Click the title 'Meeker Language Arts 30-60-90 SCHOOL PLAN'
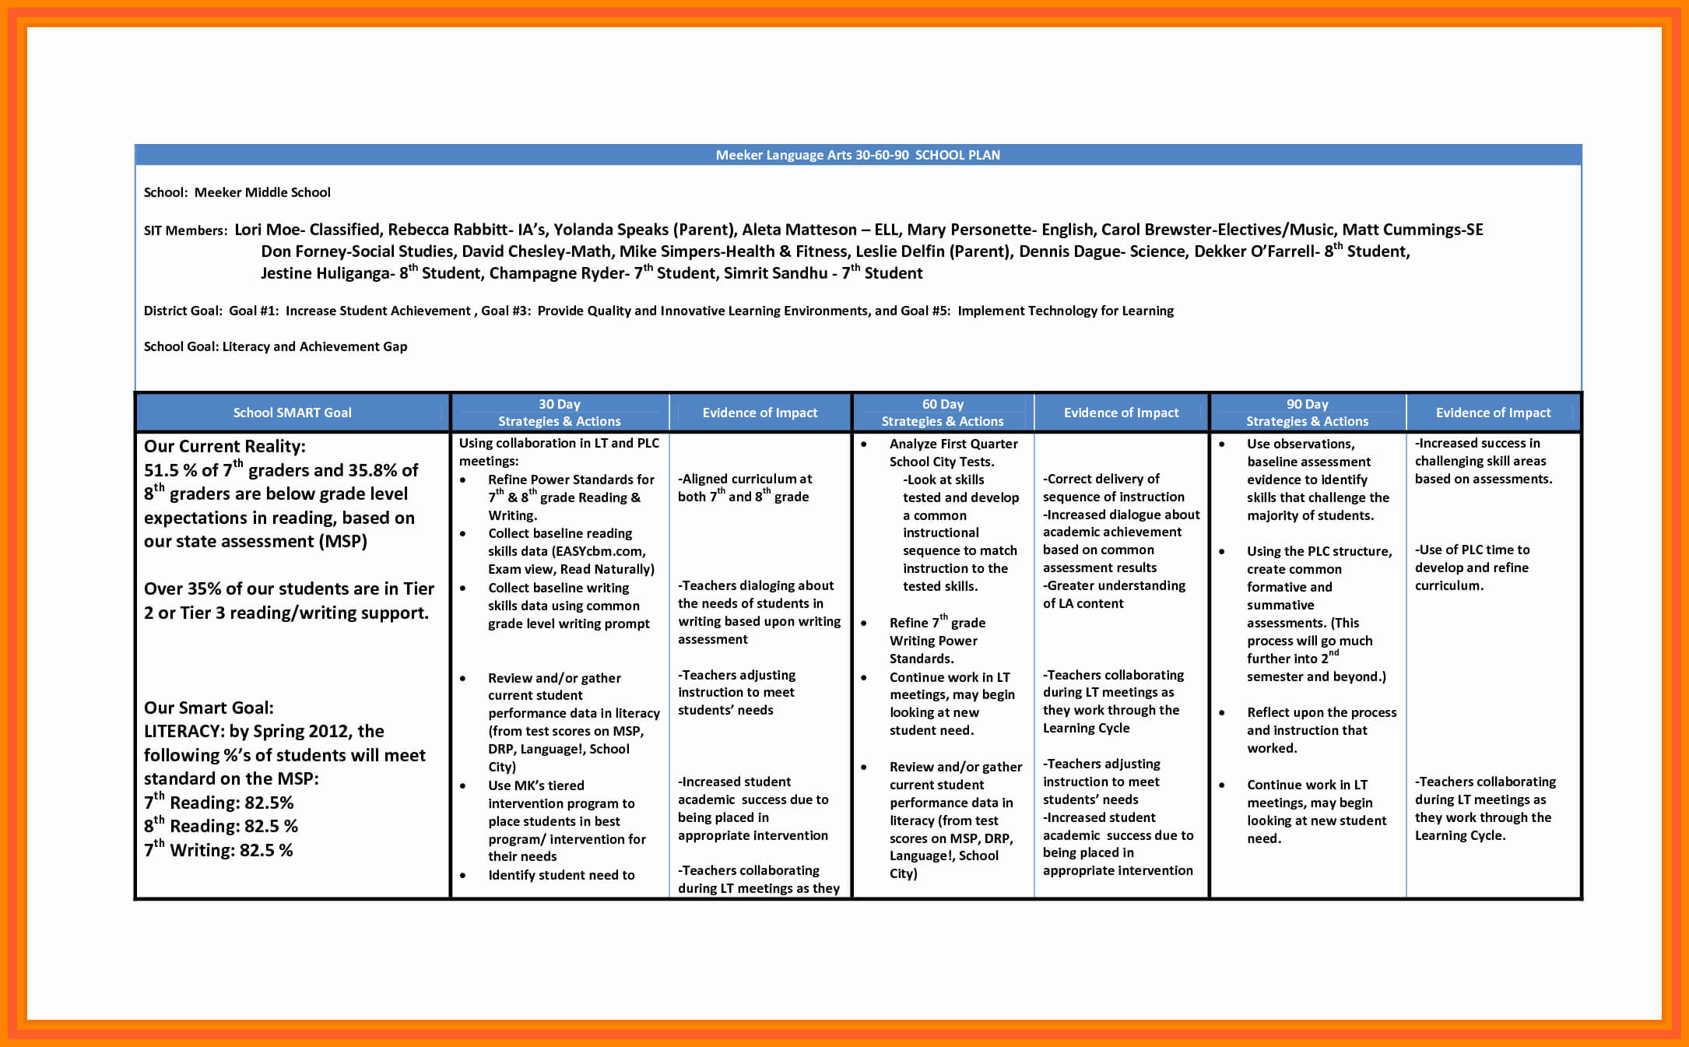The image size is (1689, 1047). (858, 155)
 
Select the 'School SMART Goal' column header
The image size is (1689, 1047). (292, 413)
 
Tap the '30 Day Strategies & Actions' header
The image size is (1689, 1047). (559, 413)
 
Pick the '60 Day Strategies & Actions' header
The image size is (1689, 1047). (943, 413)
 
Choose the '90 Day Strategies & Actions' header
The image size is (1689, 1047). (1307, 413)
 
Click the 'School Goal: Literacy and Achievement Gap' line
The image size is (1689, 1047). (276, 346)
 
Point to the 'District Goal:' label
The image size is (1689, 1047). (183, 311)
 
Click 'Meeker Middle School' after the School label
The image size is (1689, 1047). (262, 192)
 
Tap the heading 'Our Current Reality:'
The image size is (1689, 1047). (224, 446)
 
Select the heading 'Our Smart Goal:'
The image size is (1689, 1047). (209, 708)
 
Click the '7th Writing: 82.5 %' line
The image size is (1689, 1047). (219, 850)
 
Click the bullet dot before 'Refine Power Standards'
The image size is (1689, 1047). (462, 480)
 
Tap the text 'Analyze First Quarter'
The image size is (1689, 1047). (953, 444)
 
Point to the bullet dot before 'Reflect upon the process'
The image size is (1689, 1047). (1221, 713)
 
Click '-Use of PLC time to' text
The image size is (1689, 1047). (1472, 550)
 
